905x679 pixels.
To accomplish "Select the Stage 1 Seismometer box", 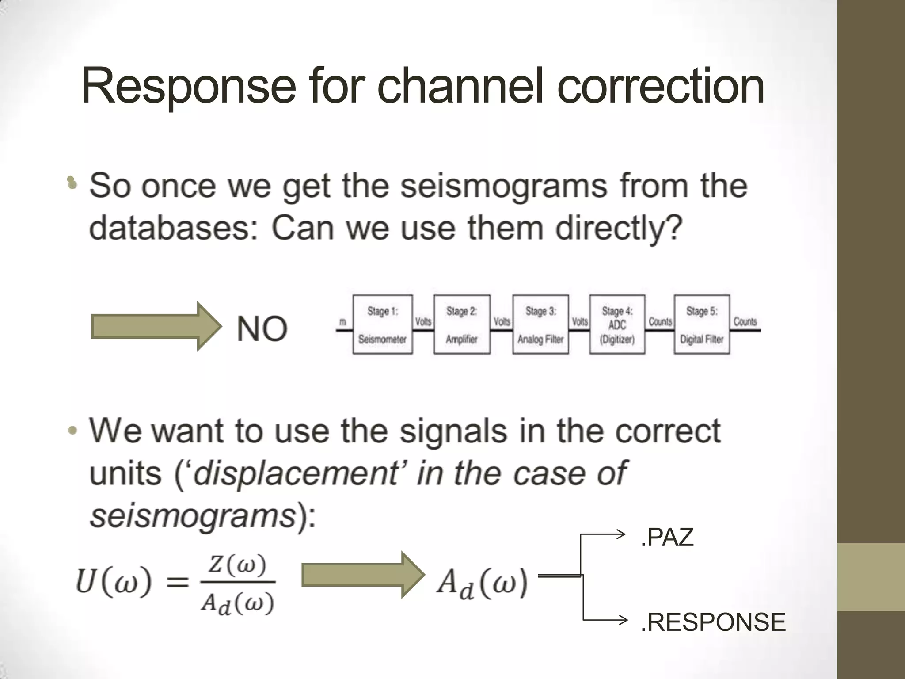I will (x=383, y=324).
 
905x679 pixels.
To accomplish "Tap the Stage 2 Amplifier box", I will (x=462, y=324).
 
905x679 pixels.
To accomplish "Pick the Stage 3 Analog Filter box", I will (x=540, y=324).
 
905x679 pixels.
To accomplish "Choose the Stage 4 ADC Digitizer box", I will (x=617, y=324).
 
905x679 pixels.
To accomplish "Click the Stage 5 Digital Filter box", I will (x=701, y=324).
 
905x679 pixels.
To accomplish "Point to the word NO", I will (x=262, y=328).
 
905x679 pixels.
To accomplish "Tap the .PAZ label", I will (x=667, y=538).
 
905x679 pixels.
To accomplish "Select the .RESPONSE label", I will (x=713, y=622).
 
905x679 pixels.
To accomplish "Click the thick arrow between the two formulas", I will (x=362, y=576).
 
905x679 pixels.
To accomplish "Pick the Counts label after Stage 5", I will (x=745, y=322).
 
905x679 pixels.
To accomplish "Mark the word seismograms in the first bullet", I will (x=504, y=186).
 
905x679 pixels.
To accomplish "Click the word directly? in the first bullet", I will (x=619, y=229).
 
